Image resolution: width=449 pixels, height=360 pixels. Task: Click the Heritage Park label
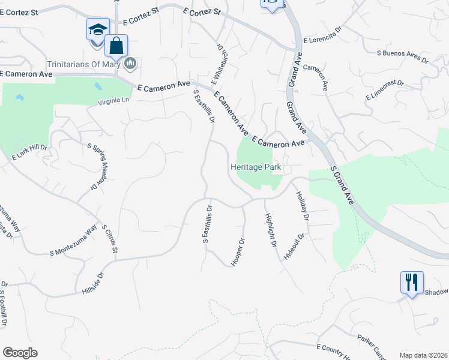coord(256,167)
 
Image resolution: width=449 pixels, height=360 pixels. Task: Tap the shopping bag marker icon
coord(116,46)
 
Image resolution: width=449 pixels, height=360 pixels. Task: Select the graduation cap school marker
coord(98,29)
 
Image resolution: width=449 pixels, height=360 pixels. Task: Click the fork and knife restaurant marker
coord(412,282)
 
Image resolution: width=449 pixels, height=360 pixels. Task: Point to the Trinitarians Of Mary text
coord(85,64)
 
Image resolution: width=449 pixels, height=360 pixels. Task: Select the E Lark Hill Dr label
coord(29,152)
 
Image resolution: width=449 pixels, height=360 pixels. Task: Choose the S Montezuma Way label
coord(74,241)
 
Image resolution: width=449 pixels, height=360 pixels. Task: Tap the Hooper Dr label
coord(238,251)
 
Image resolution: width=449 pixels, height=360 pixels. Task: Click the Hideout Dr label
coord(295,245)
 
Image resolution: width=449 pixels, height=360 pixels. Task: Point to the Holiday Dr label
coord(302,206)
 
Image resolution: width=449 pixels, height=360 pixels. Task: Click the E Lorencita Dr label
coord(322,40)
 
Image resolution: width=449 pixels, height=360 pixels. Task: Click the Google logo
coord(20,353)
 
